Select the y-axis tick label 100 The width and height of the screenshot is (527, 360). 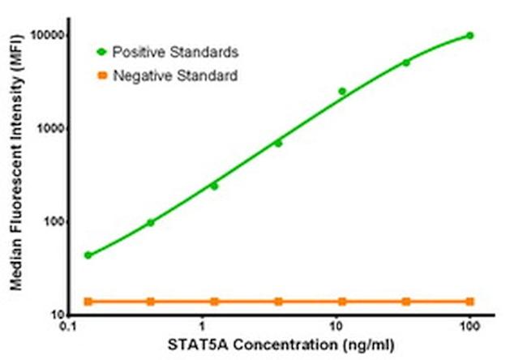point(51,222)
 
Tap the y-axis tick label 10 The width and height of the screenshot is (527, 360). point(54,315)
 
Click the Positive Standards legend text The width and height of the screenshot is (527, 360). point(175,53)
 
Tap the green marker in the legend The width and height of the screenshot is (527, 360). point(101,53)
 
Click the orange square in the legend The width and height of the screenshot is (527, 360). point(101,77)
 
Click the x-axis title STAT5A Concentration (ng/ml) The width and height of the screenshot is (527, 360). point(268,346)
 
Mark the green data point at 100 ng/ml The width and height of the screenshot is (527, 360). point(469,36)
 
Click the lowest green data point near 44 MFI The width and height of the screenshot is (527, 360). point(88,255)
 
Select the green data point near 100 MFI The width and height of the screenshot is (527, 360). point(151,222)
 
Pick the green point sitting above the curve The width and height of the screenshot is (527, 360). point(342,92)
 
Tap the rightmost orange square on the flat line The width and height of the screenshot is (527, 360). point(469,302)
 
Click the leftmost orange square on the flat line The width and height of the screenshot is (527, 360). point(88,302)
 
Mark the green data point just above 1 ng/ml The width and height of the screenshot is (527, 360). point(215,186)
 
